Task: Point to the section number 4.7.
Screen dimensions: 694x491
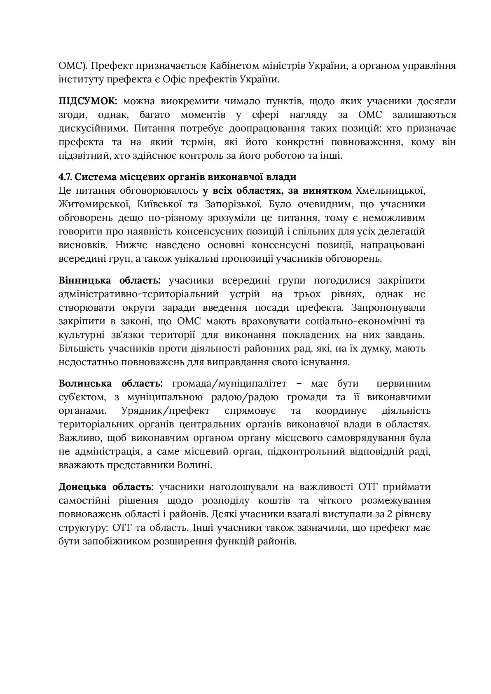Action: pos(65,177)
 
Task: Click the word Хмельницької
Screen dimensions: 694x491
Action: pos(390,190)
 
